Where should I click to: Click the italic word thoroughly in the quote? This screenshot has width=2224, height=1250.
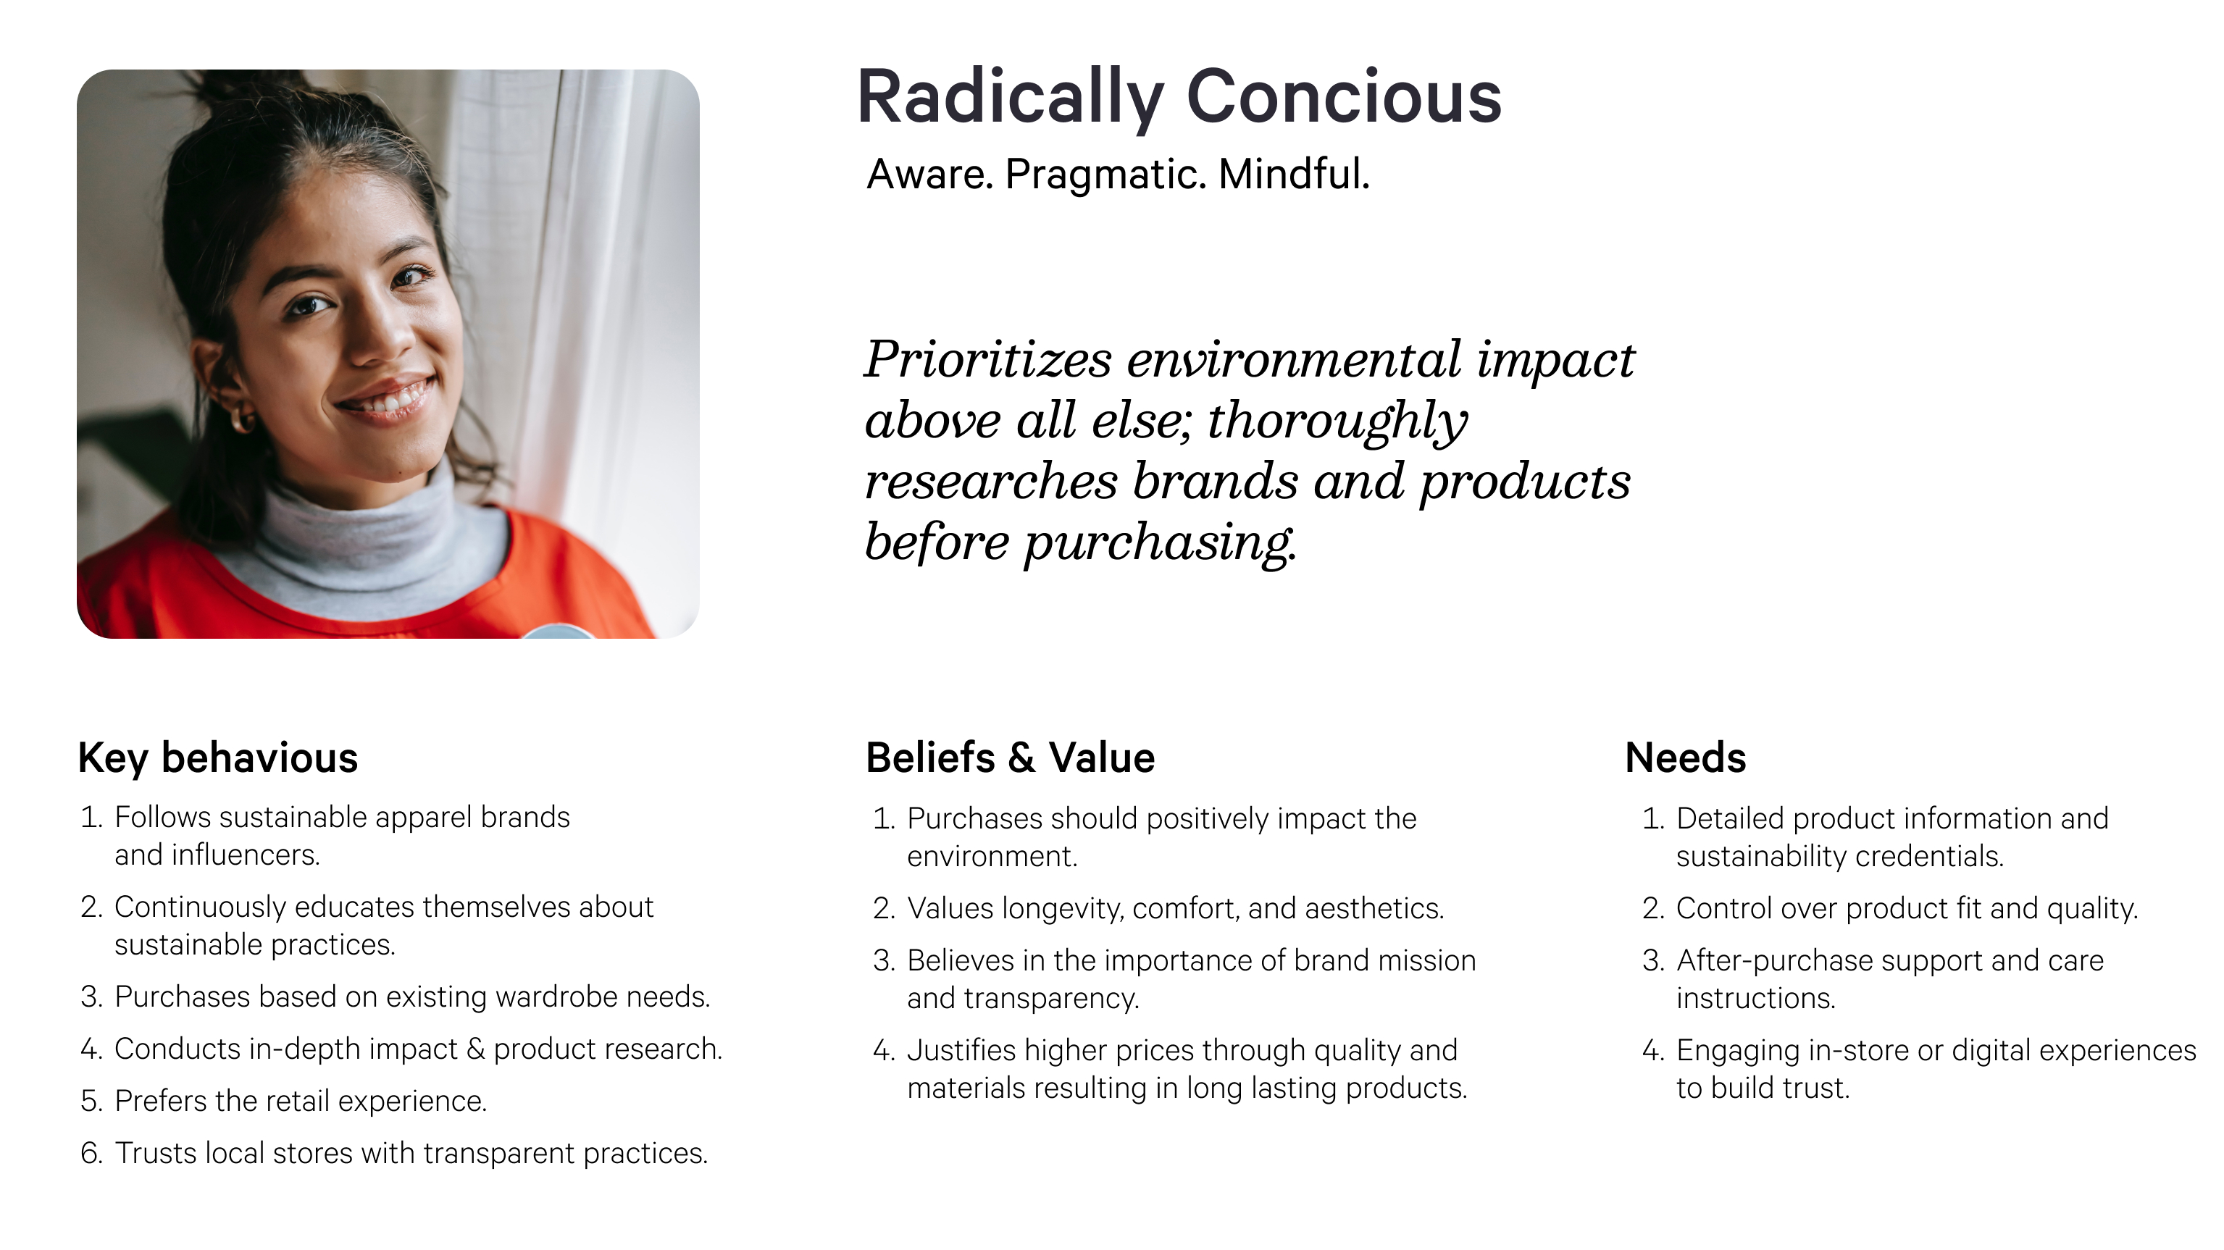1337,423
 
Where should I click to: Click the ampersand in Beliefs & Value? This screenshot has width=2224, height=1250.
1021,758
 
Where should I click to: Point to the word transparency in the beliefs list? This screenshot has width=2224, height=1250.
1052,999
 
